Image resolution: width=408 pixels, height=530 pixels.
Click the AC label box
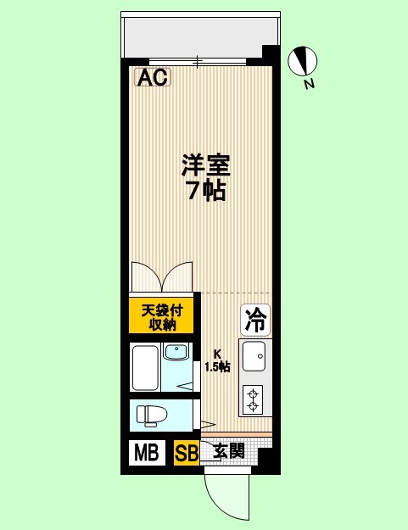pyautogui.click(x=154, y=78)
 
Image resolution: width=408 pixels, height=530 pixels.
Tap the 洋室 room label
pyautogui.click(x=204, y=164)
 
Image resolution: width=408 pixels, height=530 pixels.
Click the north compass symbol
pyautogui.click(x=302, y=60)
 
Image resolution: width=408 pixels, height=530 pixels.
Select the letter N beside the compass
pyautogui.click(x=310, y=83)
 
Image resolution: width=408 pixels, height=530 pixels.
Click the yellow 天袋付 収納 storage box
pyautogui.click(x=162, y=316)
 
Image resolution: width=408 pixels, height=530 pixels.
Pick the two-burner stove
pyautogui.click(x=253, y=399)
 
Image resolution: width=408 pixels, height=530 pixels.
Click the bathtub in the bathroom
pyautogui.click(x=145, y=366)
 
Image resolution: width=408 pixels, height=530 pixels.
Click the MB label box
pyautogui.click(x=148, y=453)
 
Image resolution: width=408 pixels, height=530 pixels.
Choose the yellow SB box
pyautogui.click(x=186, y=454)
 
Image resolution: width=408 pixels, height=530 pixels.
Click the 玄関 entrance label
pyautogui.click(x=229, y=451)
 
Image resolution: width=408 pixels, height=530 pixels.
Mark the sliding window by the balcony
pyautogui.click(x=198, y=61)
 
